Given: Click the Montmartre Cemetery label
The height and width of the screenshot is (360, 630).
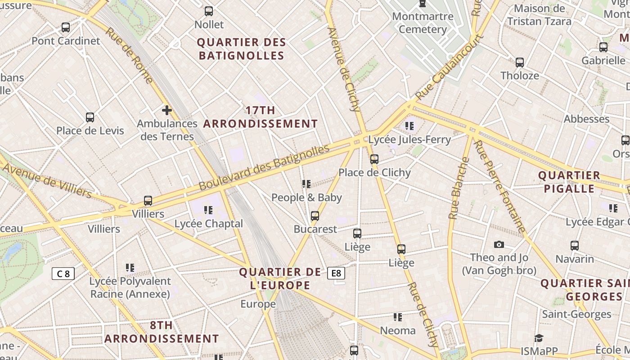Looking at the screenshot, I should (x=423, y=23).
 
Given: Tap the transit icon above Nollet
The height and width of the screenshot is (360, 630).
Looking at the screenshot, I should (x=209, y=11).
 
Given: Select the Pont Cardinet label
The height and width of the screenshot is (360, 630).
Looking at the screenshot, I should (x=66, y=41).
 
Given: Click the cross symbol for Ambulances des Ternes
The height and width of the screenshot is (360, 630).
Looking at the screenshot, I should (x=167, y=110).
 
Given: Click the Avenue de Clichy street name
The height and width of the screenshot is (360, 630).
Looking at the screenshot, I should (x=344, y=69).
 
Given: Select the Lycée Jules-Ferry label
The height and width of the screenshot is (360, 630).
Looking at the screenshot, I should (x=409, y=139).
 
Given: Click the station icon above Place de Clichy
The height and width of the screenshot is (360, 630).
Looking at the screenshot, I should (x=374, y=159).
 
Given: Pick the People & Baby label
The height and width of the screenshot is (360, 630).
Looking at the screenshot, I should (x=306, y=198).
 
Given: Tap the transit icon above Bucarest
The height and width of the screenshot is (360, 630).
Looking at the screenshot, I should (x=315, y=216).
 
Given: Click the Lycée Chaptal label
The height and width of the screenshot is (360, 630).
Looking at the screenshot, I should (x=208, y=224).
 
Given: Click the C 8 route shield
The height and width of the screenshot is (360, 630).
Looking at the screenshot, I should (x=63, y=273).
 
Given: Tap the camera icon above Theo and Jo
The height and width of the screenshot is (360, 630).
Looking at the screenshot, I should (x=499, y=244).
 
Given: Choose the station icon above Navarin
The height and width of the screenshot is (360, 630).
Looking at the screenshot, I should (x=575, y=246).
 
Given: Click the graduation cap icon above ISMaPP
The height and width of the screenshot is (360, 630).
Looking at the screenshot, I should (x=539, y=338).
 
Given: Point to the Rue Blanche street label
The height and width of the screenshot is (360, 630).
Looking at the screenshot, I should (x=459, y=189).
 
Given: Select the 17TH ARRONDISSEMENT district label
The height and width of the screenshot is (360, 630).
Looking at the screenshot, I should (x=261, y=117).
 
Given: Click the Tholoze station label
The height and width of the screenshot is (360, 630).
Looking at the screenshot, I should (x=520, y=76).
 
